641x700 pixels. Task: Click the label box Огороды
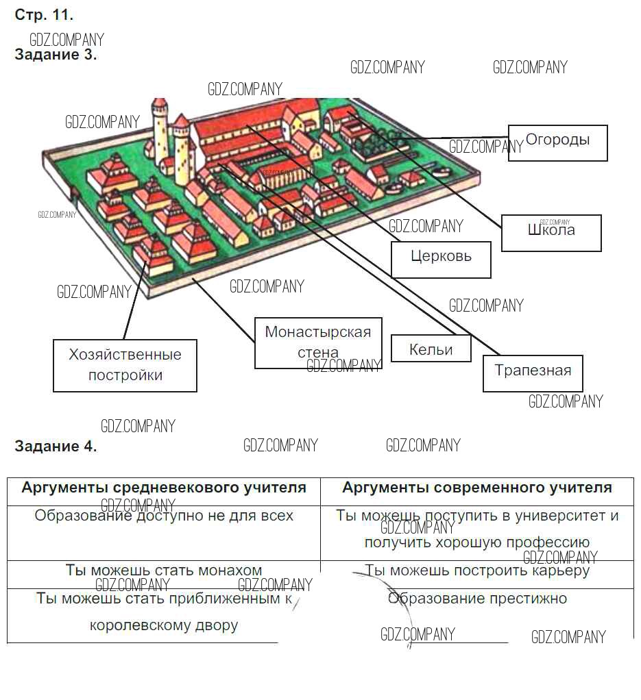click(x=557, y=142)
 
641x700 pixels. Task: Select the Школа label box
click(x=551, y=232)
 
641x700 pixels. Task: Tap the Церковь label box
click(x=441, y=259)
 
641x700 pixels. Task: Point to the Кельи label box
click(x=431, y=349)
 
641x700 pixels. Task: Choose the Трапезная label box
click(x=533, y=373)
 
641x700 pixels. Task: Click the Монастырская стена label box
click(x=317, y=342)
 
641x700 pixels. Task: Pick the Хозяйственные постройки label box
click(x=125, y=365)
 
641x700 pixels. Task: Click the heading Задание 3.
click(x=56, y=55)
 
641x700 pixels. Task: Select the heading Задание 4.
click(x=56, y=447)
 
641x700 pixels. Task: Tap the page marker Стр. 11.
click(x=44, y=14)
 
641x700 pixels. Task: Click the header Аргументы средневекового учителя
click(x=164, y=488)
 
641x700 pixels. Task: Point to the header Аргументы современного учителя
click(x=476, y=488)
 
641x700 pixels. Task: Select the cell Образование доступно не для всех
click(x=164, y=516)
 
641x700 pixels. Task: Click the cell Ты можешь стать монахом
click(x=164, y=571)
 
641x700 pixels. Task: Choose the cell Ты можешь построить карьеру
click(x=476, y=571)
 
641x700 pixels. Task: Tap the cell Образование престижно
click(x=477, y=599)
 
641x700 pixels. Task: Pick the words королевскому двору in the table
click(x=164, y=625)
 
